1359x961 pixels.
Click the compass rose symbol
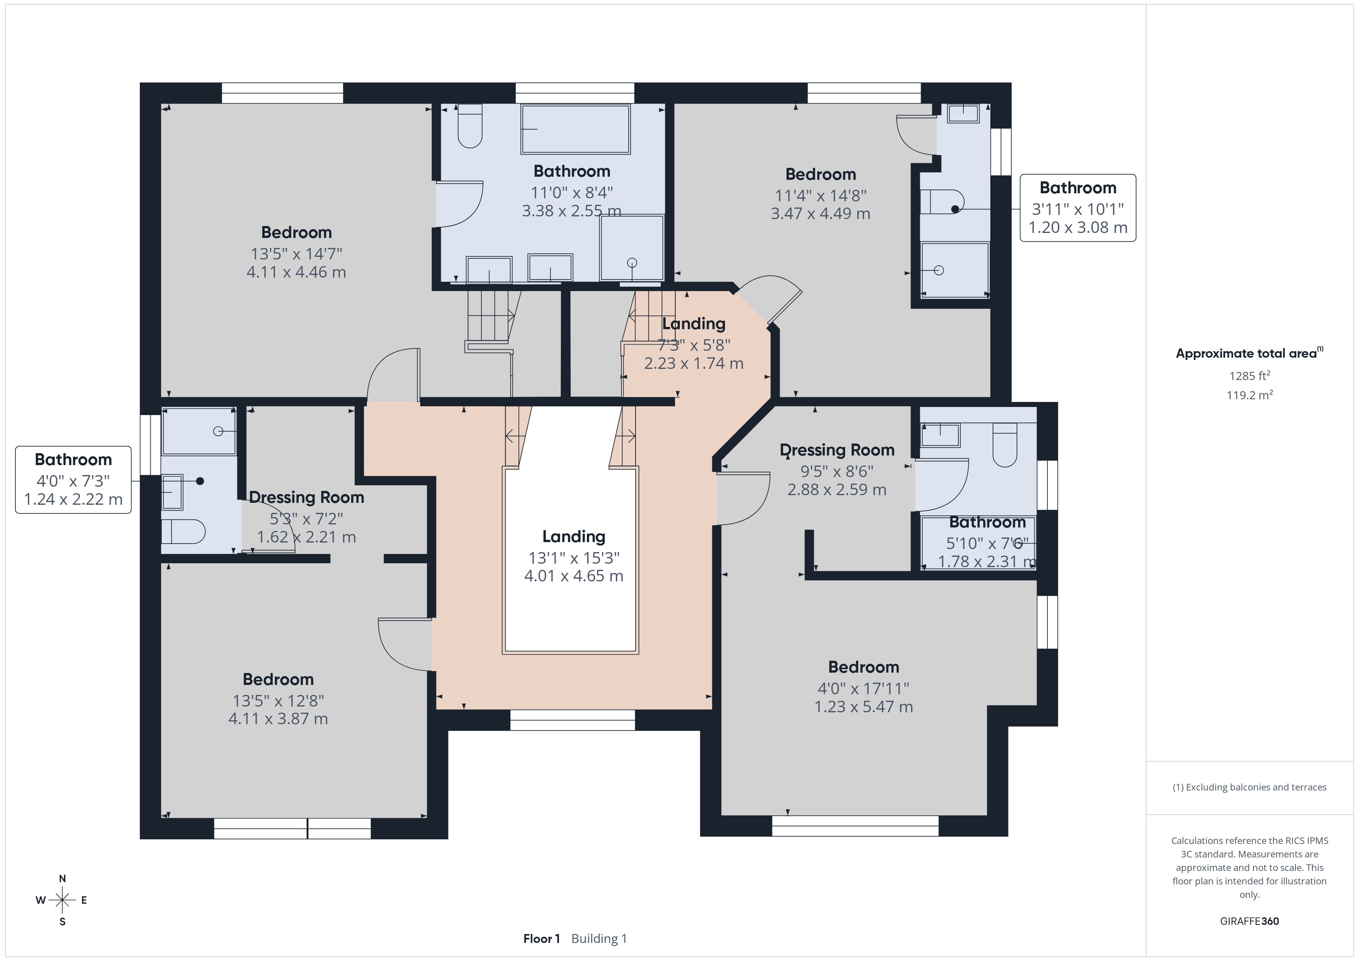[62, 900]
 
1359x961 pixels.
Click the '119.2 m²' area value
[1250, 395]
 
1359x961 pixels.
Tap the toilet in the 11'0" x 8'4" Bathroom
[470, 126]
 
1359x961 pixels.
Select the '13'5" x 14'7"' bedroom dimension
[296, 254]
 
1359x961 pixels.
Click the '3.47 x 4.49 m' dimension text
[820, 214]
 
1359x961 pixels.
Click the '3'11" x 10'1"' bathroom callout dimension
[1077, 209]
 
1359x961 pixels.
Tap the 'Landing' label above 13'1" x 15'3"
[574, 536]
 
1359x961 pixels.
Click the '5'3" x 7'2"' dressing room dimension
[306, 518]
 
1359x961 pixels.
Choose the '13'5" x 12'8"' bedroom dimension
[278, 701]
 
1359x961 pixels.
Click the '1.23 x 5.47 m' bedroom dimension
[864, 707]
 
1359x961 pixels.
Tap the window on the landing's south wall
[572, 720]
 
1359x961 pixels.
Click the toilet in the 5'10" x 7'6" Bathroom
[1005, 445]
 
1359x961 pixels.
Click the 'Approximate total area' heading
[1246, 353]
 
